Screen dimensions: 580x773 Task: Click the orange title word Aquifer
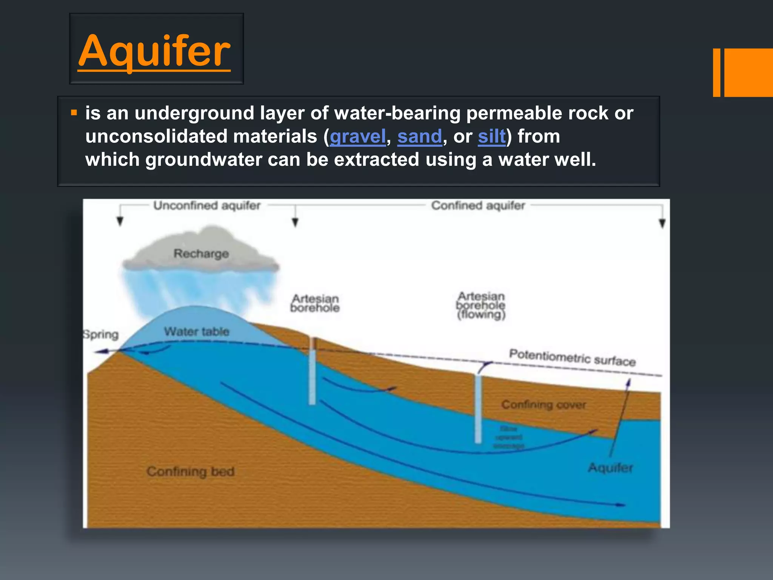click(x=154, y=51)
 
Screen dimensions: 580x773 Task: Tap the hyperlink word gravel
click(x=358, y=137)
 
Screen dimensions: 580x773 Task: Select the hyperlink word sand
click(x=419, y=137)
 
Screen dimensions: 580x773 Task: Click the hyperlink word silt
click(x=491, y=137)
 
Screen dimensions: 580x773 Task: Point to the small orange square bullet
click(x=74, y=113)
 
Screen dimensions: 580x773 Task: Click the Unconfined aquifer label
click(x=207, y=206)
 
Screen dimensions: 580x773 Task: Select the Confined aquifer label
click(x=478, y=206)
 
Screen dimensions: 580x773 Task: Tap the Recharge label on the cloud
click(x=201, y=254)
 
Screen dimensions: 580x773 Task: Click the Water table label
click(x=196, y=332)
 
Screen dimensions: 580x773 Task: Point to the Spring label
click(x=101, y=335)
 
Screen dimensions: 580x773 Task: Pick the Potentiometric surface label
click(x=572, y=357)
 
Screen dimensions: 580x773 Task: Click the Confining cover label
click(x=544, y=405)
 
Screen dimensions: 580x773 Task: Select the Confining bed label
click(x=191, y=471)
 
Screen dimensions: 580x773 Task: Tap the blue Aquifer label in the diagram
click(x=610, y=468)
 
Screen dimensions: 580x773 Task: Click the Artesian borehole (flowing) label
click(x=480, y=305)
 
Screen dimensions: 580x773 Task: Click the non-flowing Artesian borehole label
click(x=315, y=303)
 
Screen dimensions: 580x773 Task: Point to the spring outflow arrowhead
click(x=99, y=352)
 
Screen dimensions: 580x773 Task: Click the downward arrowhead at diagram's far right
click(x=662, y=224)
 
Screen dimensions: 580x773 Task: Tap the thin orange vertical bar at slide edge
click(x=716, y=72)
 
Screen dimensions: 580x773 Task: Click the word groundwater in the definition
click(x=204, y=160)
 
